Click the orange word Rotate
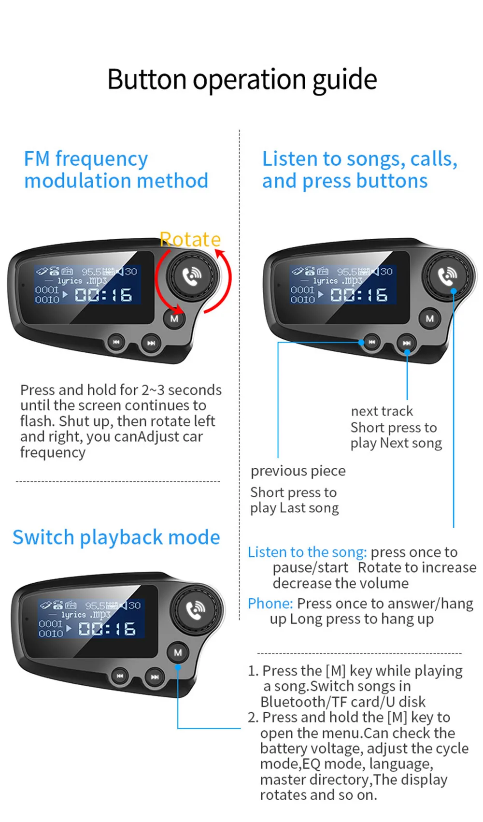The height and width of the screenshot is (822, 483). tap(190, 239)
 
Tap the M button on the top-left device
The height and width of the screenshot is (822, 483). tap(174, 318)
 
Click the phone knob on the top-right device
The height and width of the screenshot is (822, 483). tap(448, 275)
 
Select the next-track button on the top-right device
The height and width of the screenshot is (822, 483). tap(407, 343)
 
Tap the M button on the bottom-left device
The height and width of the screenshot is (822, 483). tap(178, 652)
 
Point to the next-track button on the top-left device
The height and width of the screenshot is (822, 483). tap(151, 343)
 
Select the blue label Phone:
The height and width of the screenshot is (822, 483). tap(270, 604)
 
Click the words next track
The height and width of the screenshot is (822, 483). tap(382, 411)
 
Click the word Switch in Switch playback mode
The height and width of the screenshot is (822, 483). tap(43, 537)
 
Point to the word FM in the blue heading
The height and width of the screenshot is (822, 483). tap(37, 159)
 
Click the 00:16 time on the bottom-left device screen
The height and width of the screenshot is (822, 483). tap(107, 629)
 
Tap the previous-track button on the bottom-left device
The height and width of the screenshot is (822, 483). tap(120, 676)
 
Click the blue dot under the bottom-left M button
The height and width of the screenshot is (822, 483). tap(178, 667)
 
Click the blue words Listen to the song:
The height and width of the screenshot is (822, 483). tap(307, 552)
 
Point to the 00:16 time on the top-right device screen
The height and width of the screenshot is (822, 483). tap(359, 295)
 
